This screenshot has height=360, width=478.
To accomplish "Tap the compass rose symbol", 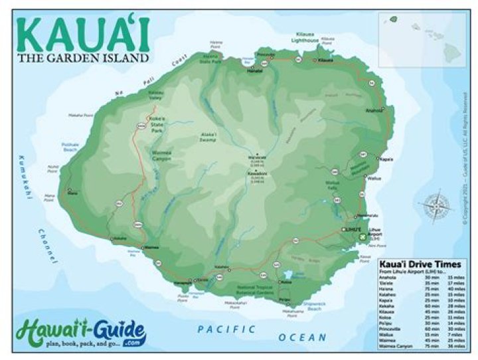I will (436, 205).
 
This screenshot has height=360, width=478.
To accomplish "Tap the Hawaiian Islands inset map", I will (422, 39).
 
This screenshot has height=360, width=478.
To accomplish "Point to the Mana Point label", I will (50, 197).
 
